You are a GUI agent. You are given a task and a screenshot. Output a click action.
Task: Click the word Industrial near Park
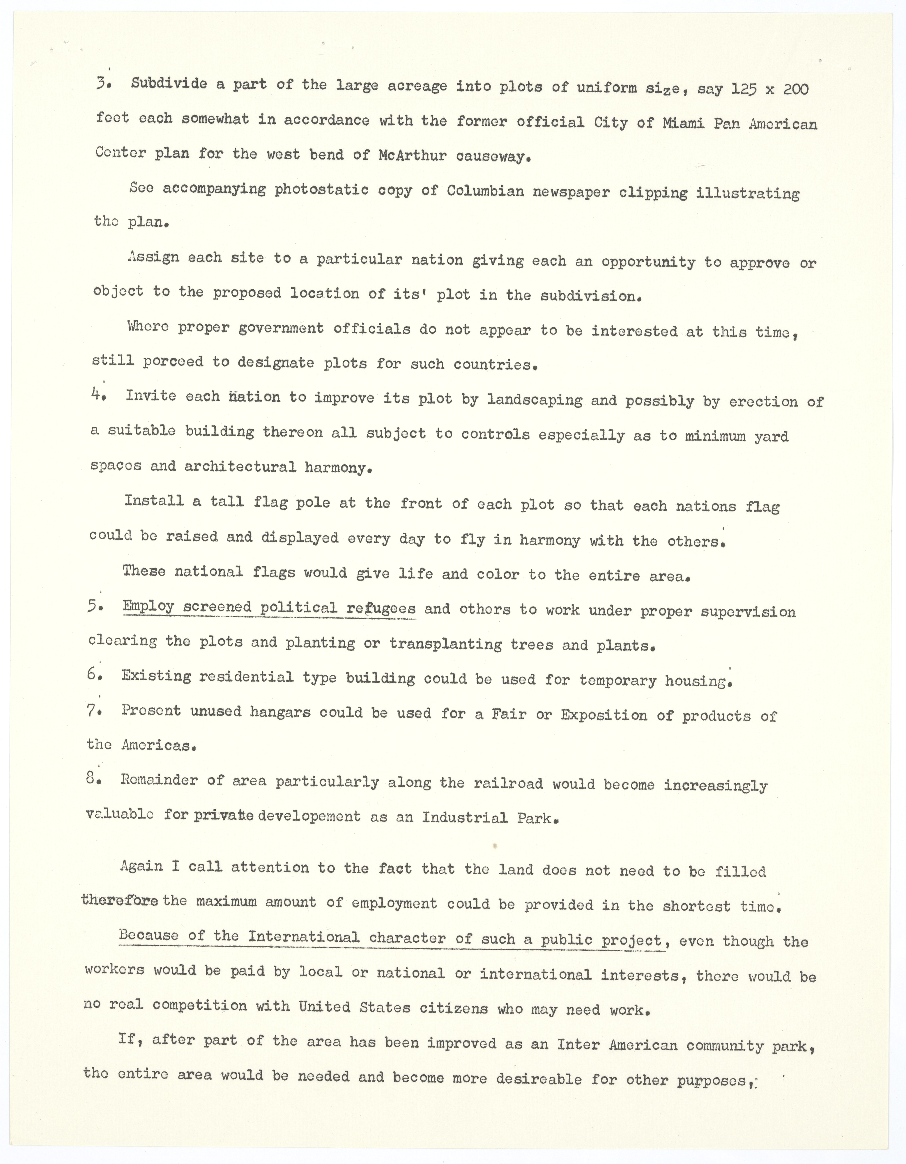tap(464, 818)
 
